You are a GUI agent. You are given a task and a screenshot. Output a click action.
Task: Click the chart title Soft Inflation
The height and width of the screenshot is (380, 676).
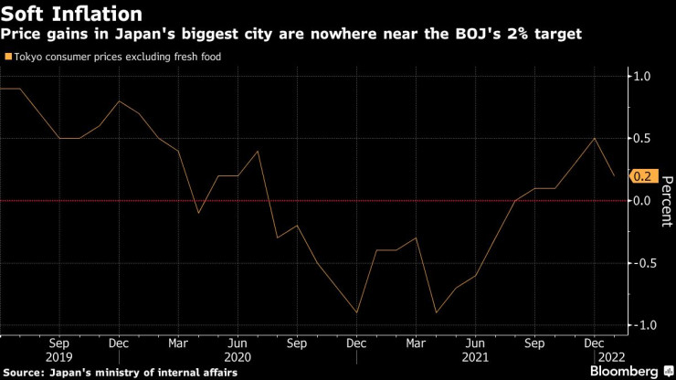pyautogui.click(x=71, y=14)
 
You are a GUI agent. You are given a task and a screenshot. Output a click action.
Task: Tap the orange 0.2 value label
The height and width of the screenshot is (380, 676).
pyautogui.click(x=641, y=176)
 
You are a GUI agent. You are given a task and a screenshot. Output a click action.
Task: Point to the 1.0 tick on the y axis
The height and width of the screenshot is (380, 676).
pyautogui.click(x=642, y=76)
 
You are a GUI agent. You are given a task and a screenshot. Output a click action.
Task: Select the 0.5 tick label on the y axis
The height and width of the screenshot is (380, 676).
pyautogui.click(x=642, y=139)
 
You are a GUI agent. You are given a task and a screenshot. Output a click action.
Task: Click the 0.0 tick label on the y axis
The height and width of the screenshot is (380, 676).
pyautogui.click(x=642, y=201)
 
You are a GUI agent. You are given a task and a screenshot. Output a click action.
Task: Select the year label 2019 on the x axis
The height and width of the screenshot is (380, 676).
pyautogui.click(x=59, y=358)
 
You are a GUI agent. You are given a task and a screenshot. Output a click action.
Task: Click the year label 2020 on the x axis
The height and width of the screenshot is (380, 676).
pyautogui.click(x=237, y=358)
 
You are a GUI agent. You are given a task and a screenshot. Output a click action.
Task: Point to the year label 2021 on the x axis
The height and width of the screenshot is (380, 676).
pyautogui.click(x=476, y=358)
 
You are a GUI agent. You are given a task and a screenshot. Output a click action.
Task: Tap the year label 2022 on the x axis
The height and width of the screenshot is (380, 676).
pyautogui.click(x=609, y=358)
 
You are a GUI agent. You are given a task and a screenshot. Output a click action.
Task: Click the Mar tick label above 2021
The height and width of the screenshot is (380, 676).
pyautogui.click(x=417, y=344)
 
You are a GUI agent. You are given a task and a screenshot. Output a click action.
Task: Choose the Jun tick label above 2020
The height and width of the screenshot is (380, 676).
pyautogui.click(x=238, y=344)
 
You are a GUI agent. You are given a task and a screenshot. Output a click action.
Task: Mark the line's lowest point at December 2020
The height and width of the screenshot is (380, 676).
pyautogui.click(x=356, y=312)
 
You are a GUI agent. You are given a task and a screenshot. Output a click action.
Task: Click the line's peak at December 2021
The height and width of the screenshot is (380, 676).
pyautogui.click(x=596, y=139)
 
